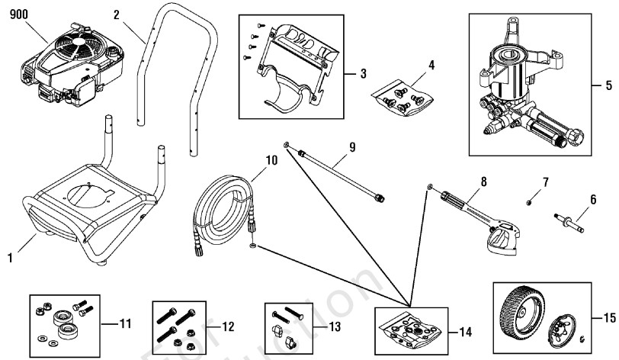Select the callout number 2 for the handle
(x=117, y=14)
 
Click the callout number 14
(x=464, y=333)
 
